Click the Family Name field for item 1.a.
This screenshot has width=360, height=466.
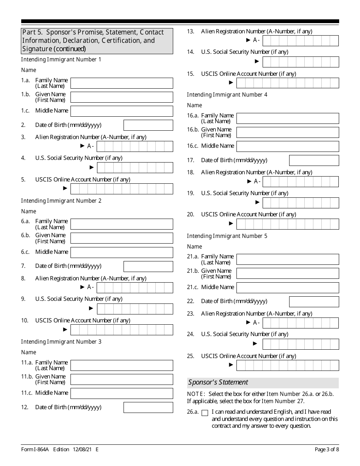122,83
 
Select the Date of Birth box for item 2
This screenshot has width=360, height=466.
148,125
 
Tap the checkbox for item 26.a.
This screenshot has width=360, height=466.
205,413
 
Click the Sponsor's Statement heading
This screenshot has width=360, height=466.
218,382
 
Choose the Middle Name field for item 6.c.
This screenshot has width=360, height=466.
122,252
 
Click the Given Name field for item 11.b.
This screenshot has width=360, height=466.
122,379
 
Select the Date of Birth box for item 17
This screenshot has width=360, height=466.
314,160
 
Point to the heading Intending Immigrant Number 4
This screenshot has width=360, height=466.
227,95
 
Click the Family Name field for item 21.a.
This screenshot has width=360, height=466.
288,260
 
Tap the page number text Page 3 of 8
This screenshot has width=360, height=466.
327,450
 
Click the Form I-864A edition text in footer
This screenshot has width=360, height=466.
60,450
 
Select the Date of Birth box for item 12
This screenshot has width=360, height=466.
148,408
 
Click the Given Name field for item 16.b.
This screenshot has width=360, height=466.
288,132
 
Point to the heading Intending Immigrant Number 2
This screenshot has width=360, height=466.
61,201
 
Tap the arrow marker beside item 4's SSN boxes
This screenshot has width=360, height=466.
92,167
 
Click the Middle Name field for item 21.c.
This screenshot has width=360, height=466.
288,288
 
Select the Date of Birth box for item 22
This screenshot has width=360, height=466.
314,302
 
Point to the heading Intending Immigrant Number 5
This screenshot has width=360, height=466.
227,236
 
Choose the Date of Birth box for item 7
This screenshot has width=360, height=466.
148,266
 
